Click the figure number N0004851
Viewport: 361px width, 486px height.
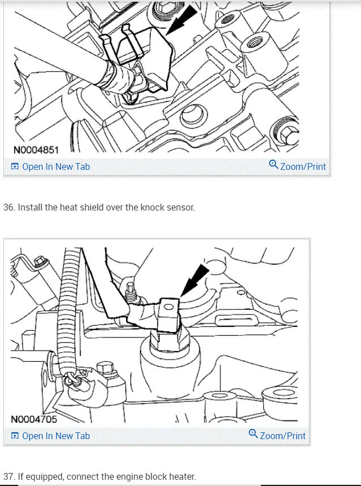coord(36,150)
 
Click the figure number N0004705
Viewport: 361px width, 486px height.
coord(34,419)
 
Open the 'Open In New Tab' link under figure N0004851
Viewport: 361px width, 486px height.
coord(55,167)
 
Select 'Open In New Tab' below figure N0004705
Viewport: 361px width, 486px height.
coord(55,436)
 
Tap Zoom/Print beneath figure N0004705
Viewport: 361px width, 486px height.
coord(282,436)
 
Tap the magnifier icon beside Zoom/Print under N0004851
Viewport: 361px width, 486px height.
coord(273,165)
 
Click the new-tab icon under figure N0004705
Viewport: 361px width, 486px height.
coord(15,436)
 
